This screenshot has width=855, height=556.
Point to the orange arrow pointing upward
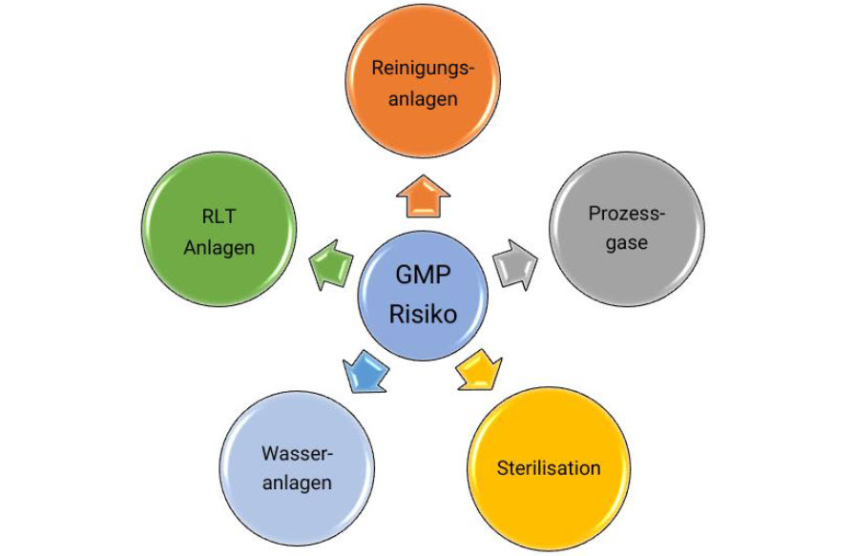click(x=423, y=198)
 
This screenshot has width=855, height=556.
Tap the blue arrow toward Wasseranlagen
click(x=364, y=371)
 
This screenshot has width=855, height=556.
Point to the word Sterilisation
click(x=549, y=468)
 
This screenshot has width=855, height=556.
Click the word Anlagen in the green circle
click(x=219, y=248)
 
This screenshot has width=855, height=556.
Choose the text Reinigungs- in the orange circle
click(x=423, y=68)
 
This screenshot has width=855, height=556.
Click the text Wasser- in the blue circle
click(x=299, y=451)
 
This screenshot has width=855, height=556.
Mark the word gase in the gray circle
click(x=626, y=243)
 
